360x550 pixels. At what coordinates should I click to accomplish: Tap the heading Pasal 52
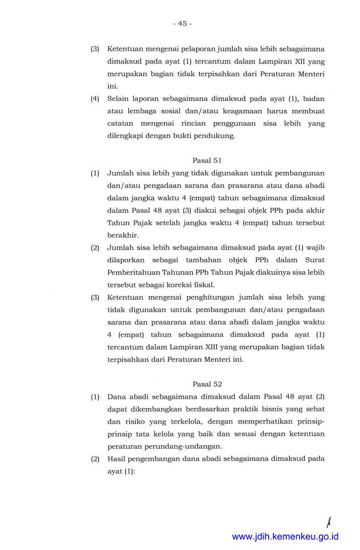(x=207, y=383)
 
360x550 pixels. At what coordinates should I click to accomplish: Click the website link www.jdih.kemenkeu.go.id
(x=285, y=536)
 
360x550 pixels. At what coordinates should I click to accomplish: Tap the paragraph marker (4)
(x=95, y=98)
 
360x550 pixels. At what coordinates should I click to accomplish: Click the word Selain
(x=119, y=98)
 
